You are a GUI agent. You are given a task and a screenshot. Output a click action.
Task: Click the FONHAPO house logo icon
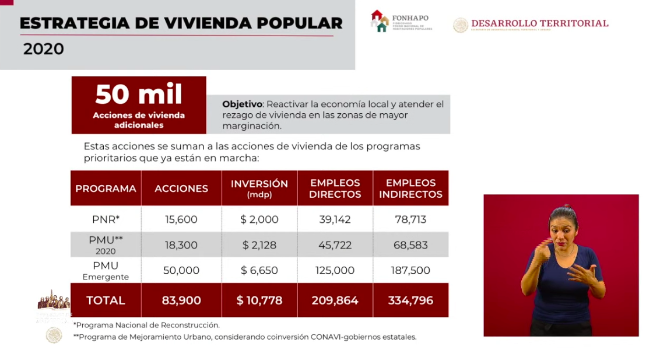pos(380,21)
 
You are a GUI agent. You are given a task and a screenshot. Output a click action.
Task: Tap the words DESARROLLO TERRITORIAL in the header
pos(539,23)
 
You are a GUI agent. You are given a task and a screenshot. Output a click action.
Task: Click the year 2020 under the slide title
pos(44,50)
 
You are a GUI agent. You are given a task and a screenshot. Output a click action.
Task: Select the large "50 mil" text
pos(139,94)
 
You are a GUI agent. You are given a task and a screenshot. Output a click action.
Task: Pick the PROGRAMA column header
pos(106,188)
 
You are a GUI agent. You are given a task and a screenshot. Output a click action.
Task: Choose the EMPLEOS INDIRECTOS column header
pos(410,188)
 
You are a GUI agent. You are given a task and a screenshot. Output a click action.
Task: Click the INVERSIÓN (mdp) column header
pos(259,188)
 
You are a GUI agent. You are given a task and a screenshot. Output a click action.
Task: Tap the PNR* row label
pos(106,219)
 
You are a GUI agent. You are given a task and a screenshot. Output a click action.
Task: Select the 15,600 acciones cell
pos(181,220)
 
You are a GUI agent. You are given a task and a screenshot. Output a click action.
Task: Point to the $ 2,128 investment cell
pos(260,245)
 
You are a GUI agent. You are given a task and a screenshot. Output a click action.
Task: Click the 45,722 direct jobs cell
pos(335,245)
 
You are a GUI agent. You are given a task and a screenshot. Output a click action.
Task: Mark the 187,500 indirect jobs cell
pos(412,270)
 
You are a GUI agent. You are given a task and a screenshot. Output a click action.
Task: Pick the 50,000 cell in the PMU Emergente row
pos(181,270)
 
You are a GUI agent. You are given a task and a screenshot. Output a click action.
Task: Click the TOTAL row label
pos(106,300)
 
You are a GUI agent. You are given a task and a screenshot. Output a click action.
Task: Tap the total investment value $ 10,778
pos(259,300)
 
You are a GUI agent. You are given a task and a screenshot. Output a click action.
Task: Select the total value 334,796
pos(410,300)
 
